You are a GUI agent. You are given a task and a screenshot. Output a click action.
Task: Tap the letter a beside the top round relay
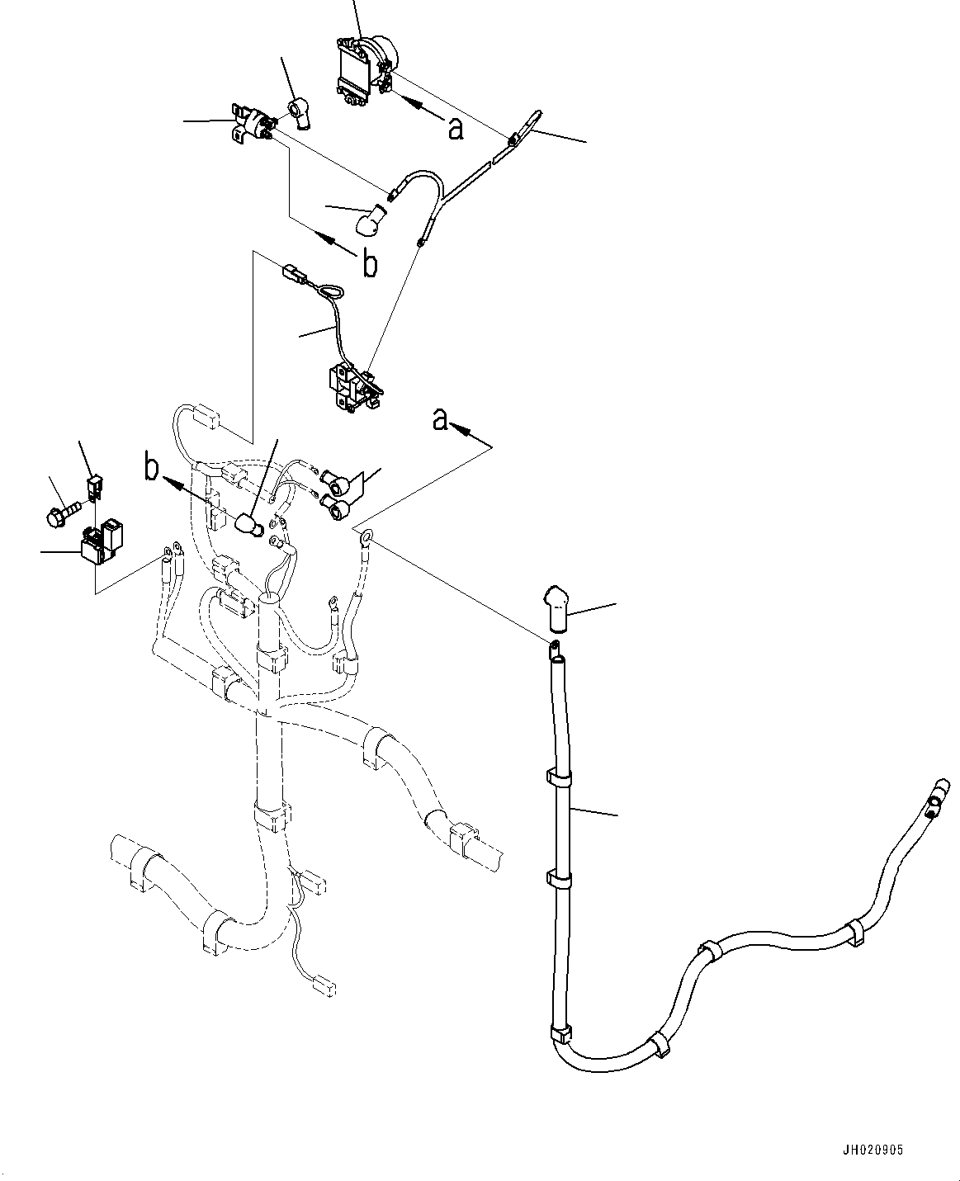(455, 128)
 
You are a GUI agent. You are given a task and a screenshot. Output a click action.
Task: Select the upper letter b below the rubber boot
(371, 264)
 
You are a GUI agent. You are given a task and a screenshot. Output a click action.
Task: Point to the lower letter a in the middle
(441, 420)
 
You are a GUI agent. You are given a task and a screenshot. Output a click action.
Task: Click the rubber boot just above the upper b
(370, 220)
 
